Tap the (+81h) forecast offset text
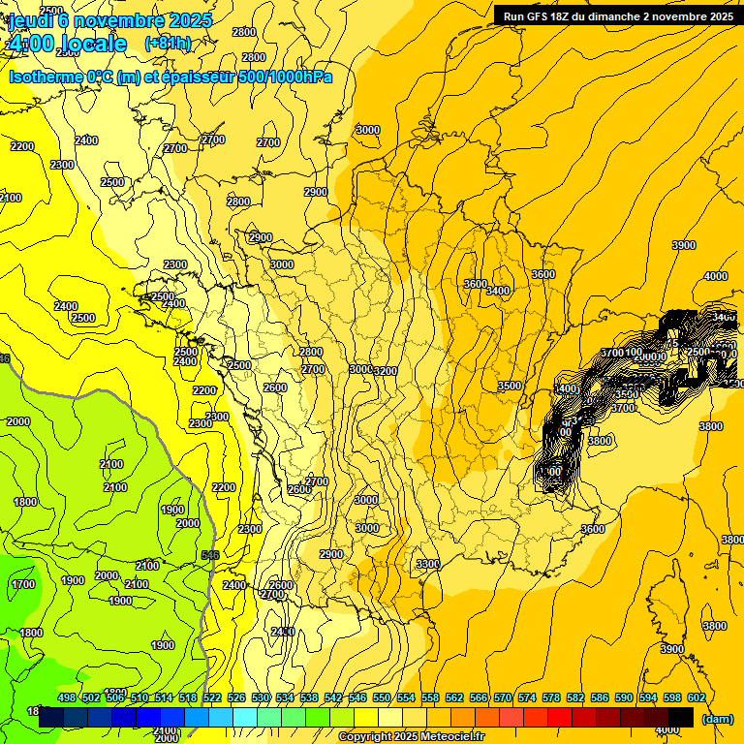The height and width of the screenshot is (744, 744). [x=168, y=44]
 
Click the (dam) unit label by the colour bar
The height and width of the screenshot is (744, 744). [x=717, y=718]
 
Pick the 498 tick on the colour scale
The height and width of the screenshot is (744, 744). [x=67, y=697]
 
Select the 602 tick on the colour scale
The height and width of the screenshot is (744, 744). [x=695, y=697]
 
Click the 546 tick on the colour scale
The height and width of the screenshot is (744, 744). [x=357, y=697]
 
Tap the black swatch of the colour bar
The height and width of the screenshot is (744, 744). [x=682, y=717]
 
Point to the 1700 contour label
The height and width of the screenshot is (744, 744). [x=23, y=584]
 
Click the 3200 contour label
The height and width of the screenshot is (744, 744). [x=386, y=371]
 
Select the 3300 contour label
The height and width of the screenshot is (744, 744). [x=427, y=564]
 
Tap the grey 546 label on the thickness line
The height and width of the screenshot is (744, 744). [x=210, y=555]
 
